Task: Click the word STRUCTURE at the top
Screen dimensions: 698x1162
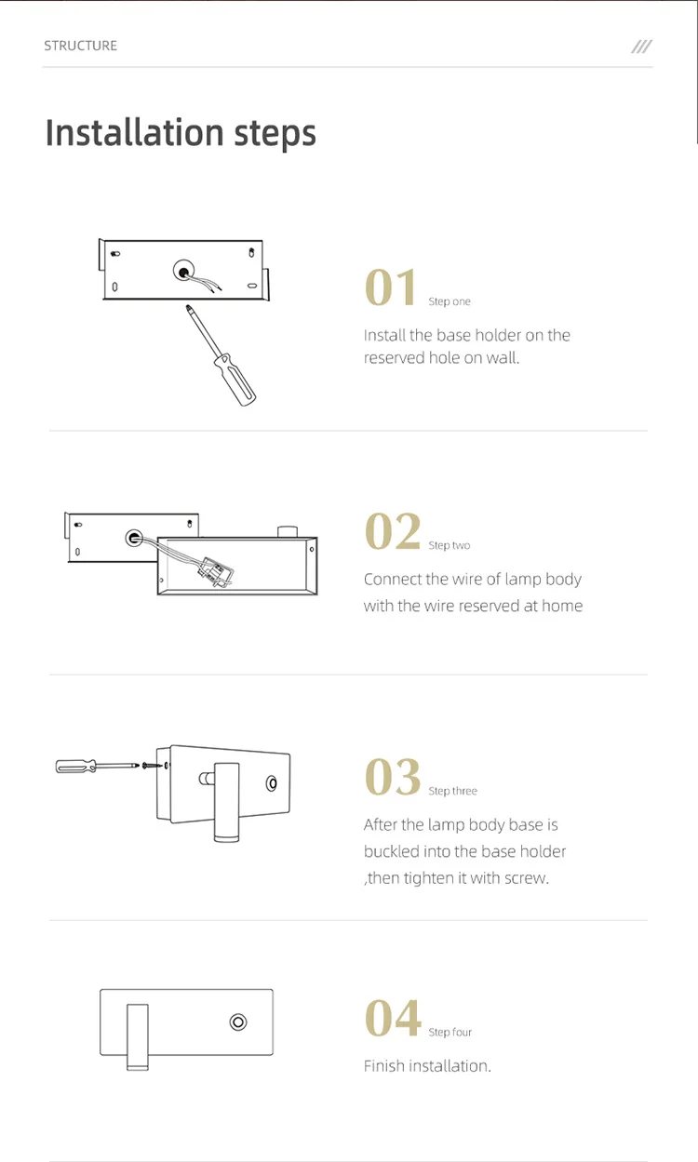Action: click(80, 46)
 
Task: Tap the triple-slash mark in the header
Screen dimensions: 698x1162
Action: click(641, 47)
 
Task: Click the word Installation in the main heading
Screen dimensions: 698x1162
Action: click(135, 133)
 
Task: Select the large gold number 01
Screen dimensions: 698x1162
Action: click(390, 287)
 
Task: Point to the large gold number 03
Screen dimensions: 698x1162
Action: click(393, 776)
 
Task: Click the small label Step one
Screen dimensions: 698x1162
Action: click(450, 301)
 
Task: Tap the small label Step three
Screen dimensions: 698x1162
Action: click(452, 791)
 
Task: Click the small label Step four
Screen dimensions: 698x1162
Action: click(450, 1032)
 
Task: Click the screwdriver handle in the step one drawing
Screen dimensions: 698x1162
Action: click(235, 381)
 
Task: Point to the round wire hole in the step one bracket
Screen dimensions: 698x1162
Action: click(183, 271)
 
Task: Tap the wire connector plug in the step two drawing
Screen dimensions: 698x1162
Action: click(215, 572)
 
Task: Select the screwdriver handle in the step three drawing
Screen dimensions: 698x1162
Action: click(75, 767)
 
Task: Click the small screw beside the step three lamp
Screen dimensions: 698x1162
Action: click(152, 765)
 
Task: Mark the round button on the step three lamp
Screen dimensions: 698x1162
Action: click(272, 783)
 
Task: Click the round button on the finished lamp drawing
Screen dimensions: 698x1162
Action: click(238, 1022)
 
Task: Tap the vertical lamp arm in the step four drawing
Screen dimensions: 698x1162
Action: click(138, 1036)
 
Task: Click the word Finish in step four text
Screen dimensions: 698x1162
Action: click(384, 1065)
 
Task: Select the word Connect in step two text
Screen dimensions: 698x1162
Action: click(393, 579)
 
